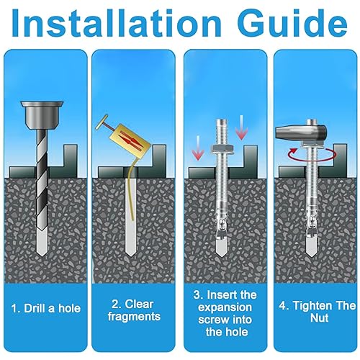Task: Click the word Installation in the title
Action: point(116,23)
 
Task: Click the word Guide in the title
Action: point(292,23)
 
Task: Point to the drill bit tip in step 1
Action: point(42,255)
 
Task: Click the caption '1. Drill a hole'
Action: point(46,308)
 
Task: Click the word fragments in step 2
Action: point(134,317)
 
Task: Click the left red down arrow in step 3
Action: point(198,148)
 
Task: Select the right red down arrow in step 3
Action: point(241,127)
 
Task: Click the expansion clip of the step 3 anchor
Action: point(221,224)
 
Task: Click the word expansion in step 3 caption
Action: point(225,307)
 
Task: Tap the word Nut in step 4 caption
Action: point(319,318)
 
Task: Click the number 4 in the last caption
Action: point(282,306)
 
